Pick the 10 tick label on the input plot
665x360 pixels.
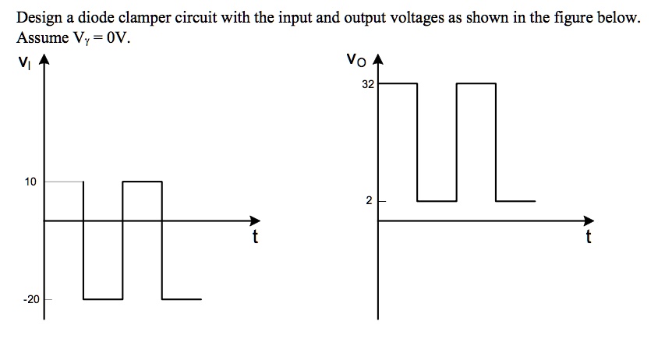point(30,182)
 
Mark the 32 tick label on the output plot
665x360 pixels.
point(368,84)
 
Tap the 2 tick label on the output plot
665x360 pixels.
point(370,201)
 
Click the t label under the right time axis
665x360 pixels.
point(589,238)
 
